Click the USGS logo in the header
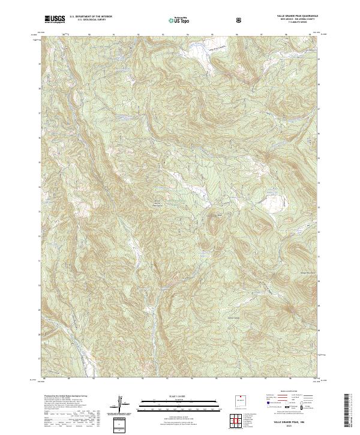tap(55, 20)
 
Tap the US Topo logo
tap(181, 20)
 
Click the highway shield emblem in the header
tap(240, 19)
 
